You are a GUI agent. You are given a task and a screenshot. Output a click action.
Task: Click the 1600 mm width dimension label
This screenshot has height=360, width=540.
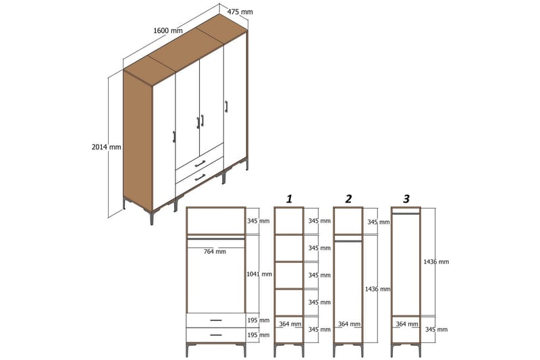[168, 30]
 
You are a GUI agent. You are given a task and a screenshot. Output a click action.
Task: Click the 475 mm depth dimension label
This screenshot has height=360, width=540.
[240, 11]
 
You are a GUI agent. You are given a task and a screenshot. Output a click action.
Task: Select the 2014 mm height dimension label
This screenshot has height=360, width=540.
[107, 147]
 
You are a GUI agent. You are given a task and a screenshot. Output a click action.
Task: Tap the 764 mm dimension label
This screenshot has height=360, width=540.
[215, 251]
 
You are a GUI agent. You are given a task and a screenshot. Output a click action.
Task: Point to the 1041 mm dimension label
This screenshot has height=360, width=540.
[259, 274]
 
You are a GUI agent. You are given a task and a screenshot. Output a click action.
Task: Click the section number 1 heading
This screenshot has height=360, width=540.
[289, 199]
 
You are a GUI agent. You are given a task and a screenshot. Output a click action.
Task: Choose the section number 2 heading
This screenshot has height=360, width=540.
[348, 199]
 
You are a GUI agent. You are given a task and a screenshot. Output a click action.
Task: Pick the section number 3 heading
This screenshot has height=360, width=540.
[406, 199]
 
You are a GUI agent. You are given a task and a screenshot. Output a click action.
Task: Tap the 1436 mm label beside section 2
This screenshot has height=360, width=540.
[377, 288]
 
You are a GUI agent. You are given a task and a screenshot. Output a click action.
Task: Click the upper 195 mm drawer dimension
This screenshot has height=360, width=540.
[259, 320]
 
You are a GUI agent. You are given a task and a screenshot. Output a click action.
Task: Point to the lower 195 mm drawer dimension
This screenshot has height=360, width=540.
[259, 335]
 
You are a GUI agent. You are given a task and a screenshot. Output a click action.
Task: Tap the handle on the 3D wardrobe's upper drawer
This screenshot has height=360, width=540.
[200, 163]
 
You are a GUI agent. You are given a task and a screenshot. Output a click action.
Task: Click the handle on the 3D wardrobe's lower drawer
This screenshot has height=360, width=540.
[200, 177]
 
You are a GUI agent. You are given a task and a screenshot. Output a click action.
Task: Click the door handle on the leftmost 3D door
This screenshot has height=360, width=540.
[174, 136]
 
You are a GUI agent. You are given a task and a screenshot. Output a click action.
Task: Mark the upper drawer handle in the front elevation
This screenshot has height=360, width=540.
[215, 320]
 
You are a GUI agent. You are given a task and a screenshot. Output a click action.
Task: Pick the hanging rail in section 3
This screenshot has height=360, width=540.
[406, 213]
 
